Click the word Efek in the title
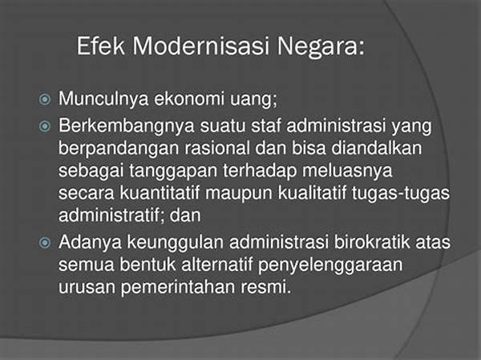(101, 46)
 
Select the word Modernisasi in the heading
(201, 46)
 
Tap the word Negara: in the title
(321, 47)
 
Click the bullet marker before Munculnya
(45, 99)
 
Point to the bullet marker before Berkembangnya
(45, 126)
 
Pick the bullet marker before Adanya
(45, 243)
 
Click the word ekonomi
(188, 99)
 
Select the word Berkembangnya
(127, 127)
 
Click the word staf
(266, 125)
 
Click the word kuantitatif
(160, 192)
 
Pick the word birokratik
(372, 242)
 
